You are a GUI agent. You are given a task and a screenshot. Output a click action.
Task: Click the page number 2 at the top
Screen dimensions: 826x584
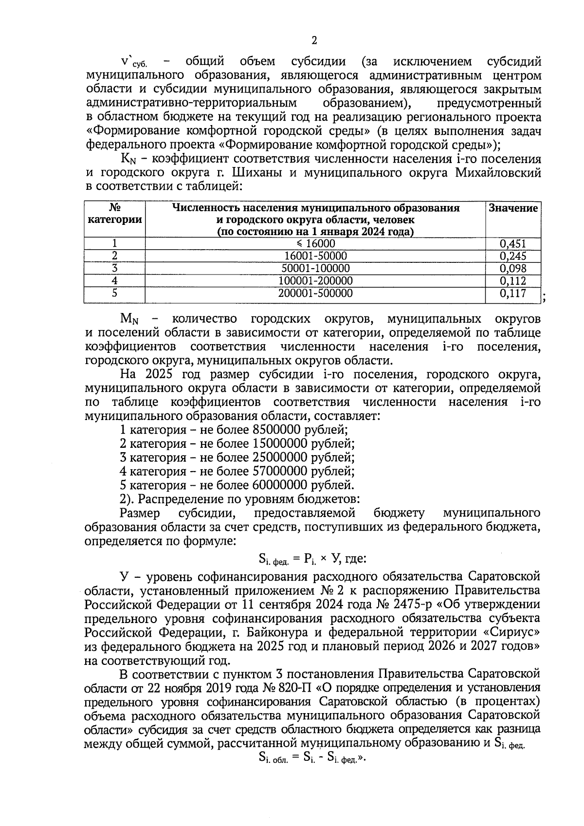point(314,41)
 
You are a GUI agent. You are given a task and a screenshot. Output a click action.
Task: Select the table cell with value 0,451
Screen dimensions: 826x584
point(513,244)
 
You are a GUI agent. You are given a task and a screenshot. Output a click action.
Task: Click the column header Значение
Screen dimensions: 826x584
point(513,208)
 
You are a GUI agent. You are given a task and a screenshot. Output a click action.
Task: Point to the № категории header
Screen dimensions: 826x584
point(115,214)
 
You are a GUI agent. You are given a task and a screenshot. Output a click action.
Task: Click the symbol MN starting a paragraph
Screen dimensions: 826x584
point(129,320)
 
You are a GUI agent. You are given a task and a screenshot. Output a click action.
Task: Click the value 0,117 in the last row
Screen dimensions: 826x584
point(513,294)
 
